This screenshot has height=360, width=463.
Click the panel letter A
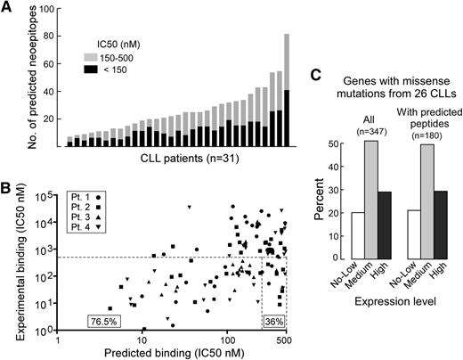click(x=8, y=9)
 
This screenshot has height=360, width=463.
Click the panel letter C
click(x=314, y=77)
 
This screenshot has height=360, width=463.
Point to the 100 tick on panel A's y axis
click(x=50, y=9)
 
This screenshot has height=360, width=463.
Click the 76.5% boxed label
click(x=103, y=319)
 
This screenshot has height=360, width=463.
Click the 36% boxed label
click(x=274, y=319)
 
